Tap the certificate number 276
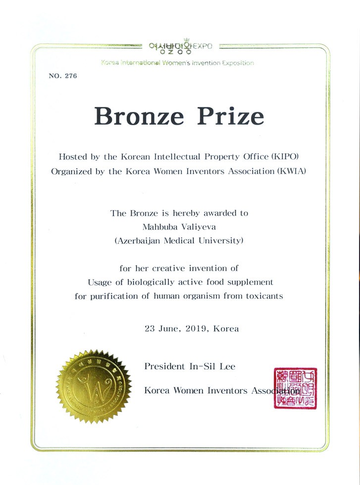pyautogui.click(x=71, y=76)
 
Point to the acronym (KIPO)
pyautogui.click(x=283, y=157)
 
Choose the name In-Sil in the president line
pyautogui.click(x=202, y=367)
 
